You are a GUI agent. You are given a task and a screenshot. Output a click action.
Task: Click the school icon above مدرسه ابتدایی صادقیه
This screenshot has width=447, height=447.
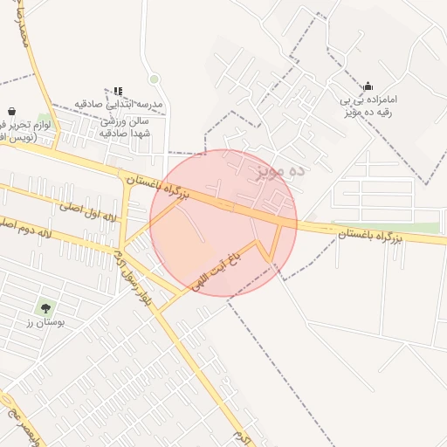[118, 91]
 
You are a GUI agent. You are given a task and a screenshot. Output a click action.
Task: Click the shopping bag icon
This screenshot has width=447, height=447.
[12, 112]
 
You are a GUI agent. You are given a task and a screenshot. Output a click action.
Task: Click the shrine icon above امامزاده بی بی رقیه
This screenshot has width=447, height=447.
[368, 86]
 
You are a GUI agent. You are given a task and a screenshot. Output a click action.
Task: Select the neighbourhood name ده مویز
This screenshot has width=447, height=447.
[280, 170]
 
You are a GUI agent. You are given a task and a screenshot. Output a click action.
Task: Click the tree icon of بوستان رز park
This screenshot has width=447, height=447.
[45, 307]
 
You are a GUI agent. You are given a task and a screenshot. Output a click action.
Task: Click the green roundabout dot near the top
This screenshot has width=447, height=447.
[155, 79]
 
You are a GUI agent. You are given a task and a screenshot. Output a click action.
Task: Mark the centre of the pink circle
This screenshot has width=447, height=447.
[223, 223]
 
